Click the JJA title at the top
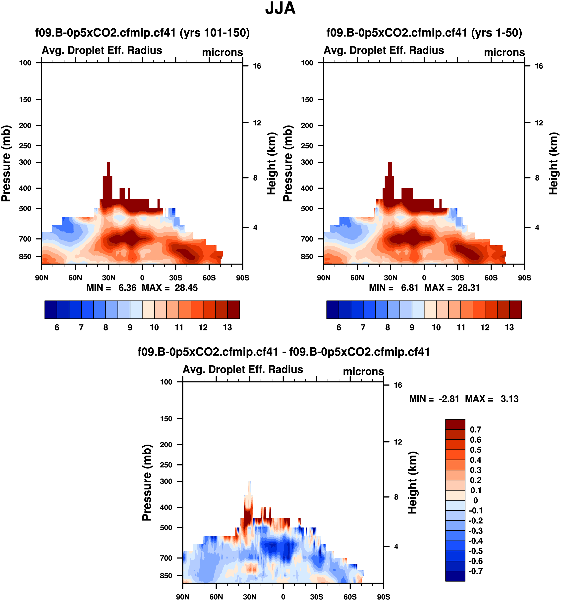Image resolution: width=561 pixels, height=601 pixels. coord(280,8)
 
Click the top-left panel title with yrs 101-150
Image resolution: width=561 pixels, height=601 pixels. coord(142,33)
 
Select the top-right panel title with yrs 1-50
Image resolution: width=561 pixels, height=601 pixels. coord(424,33)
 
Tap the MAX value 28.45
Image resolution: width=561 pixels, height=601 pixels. coord(186,287)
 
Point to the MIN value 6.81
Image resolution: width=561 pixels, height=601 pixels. coord(409,287)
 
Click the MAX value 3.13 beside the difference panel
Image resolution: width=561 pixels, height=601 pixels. coord(509,399)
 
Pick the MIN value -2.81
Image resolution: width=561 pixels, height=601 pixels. coord(449,399)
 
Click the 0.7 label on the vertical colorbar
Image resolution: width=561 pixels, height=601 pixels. coord(475,430)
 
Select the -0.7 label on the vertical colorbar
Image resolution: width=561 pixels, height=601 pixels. coord(475,571)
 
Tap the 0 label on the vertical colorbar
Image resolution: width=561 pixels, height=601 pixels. coord(475,500)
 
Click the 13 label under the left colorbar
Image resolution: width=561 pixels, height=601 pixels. coord(227,327)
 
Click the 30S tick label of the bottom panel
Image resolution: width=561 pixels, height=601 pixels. coord(317,597)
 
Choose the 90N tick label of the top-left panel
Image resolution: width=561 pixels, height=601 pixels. coord(42,278)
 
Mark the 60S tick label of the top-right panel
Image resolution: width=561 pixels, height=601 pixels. coord(491,278)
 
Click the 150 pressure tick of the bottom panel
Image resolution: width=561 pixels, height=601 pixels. coord(166,419)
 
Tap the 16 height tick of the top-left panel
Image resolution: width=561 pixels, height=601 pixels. coord(257,66)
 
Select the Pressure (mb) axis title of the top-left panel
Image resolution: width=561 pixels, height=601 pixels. coord(6,163)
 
